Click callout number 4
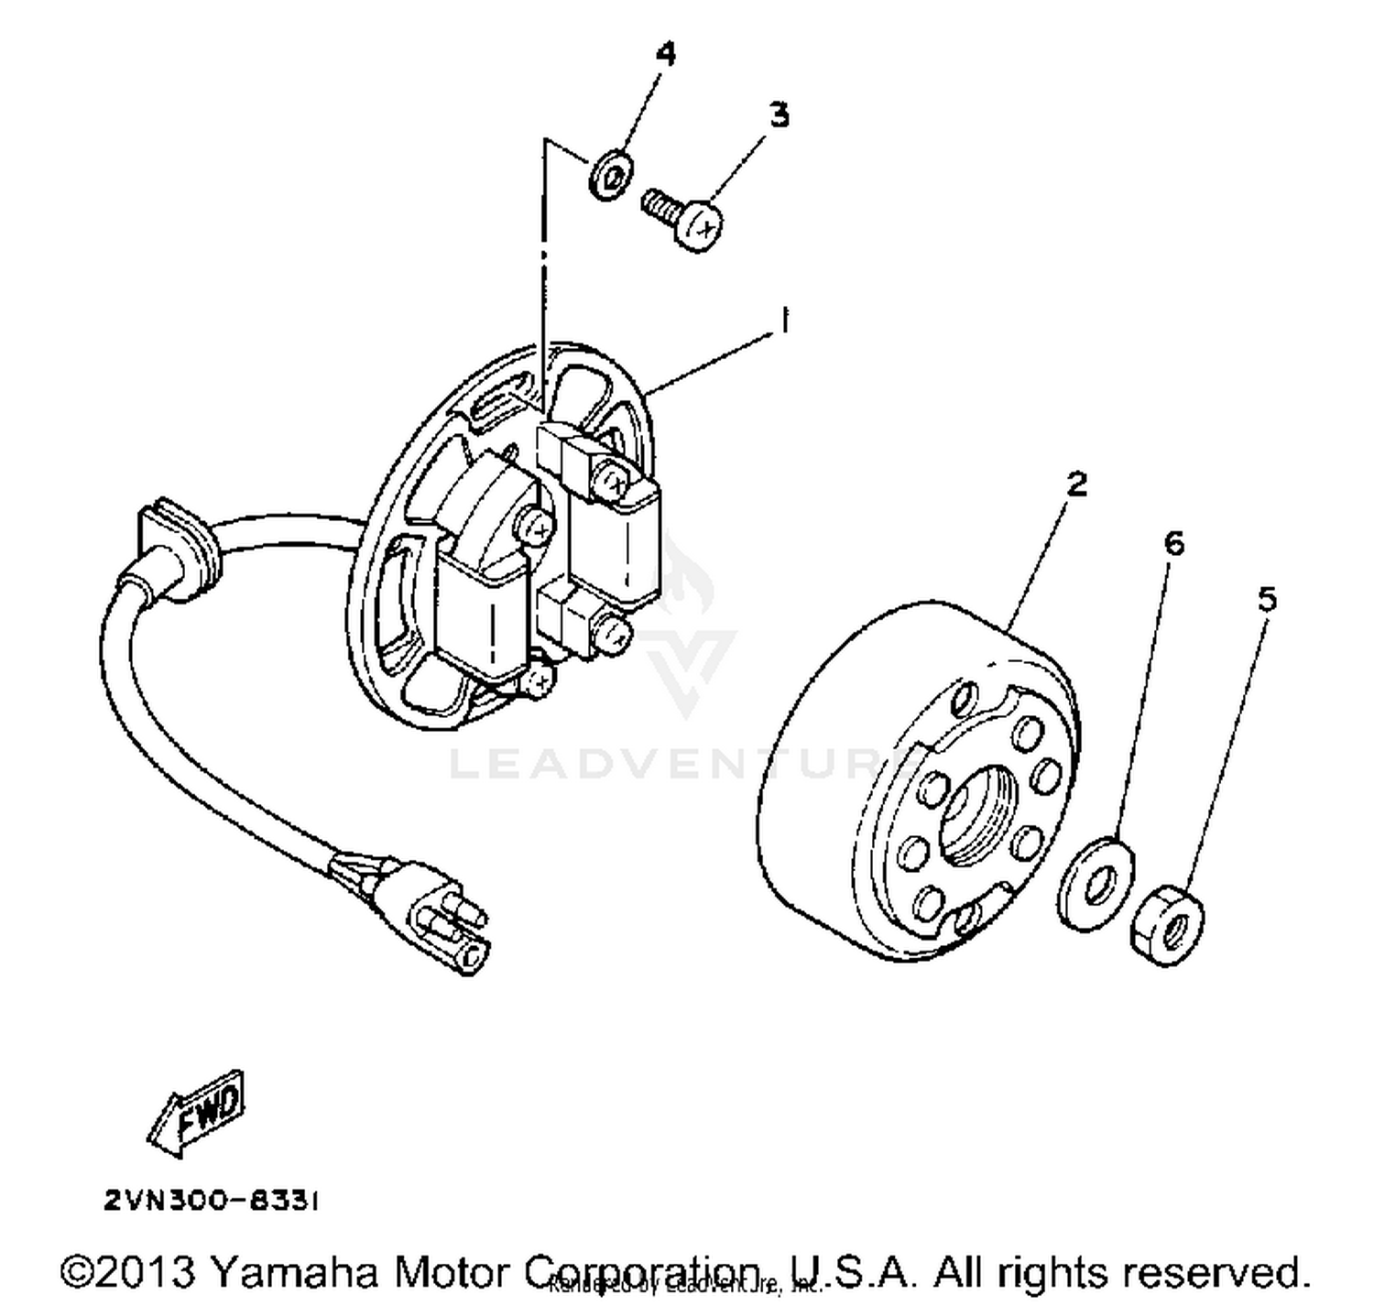tap(666, 54)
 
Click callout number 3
tap(778, 115)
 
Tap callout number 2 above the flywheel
tap(1076, 484)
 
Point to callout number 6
tap(1173, 543)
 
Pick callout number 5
tap(1266, 600)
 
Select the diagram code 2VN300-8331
tap(211, 1201)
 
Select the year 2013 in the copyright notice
tap(147, 1272)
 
